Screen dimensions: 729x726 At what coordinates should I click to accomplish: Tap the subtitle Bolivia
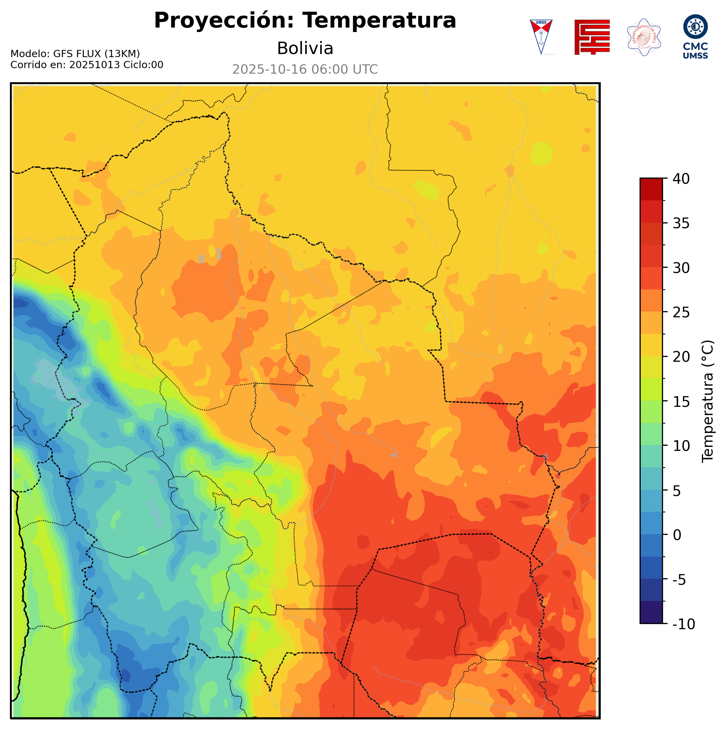[x=305, y=49]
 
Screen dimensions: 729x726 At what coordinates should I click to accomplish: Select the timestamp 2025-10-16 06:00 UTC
[x=305, y=70]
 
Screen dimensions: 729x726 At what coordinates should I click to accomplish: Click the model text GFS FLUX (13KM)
[x=96, y=54]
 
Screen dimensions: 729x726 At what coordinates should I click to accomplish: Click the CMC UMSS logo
[x=695, y=36]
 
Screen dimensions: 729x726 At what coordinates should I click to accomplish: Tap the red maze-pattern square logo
[x=592, y=37]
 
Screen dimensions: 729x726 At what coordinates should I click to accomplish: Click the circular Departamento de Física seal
[x=644, y=37]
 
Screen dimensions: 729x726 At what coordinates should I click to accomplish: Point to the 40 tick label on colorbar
[x=681, y=179]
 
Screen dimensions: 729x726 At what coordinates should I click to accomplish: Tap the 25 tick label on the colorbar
[x=681, y=313]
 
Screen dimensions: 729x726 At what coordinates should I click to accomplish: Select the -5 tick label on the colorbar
[x=680, y=580]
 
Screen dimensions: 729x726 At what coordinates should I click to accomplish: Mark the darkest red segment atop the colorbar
[x=651, y=189]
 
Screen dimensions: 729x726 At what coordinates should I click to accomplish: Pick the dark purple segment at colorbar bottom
[x=651, y=612]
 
